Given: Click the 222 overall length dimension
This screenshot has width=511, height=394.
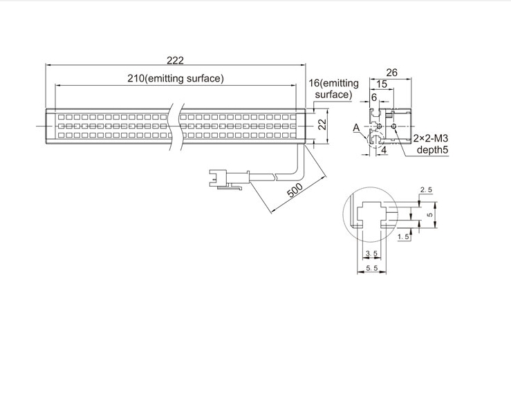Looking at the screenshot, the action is point(176,60).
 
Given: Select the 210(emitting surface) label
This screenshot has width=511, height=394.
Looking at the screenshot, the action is point(176,78).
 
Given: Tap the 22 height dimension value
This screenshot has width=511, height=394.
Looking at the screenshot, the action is point(322,124).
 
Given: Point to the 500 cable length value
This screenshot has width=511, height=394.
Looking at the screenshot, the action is point(295,191).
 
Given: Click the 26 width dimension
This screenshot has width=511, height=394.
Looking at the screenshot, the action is point(392,73).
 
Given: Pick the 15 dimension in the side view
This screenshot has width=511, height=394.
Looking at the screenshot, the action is point(382,84).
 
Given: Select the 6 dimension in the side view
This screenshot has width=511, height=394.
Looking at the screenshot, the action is point(374,97).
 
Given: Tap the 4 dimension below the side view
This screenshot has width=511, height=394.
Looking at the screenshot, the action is point(384,150).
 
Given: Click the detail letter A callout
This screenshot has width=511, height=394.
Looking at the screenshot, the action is point(357,128).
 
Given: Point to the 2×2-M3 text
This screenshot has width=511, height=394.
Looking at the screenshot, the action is point(431,138).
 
